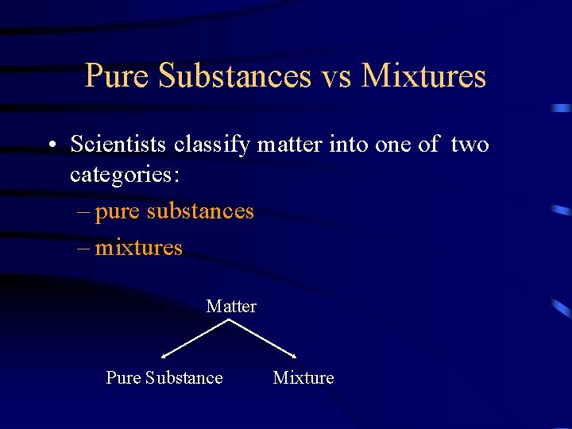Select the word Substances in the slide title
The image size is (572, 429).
pos(234,76)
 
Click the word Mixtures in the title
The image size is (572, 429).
pos(423,76)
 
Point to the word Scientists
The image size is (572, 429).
pos(118,145)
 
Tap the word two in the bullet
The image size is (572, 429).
pos(470,145)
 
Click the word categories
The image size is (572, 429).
pos(125,175)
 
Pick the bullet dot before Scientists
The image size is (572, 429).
pos(51,145)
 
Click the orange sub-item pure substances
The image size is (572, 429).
pos(175,211)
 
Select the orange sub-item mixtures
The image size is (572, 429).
pos(139,248)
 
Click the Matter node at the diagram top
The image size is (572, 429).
pos(231,306)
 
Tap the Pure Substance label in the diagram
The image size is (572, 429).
pos(164,377)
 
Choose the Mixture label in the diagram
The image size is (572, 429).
pos(303,377)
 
